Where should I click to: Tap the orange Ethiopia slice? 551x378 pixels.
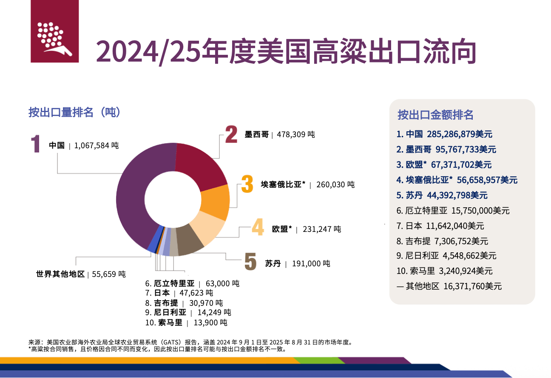point(215,201)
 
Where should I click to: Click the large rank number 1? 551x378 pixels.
point(36,144)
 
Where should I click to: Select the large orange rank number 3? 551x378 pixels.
point(247,184)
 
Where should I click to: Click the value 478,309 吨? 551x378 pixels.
point(296,135)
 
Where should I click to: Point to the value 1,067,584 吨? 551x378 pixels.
point(97,146)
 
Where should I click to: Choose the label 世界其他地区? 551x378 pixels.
point(61,274)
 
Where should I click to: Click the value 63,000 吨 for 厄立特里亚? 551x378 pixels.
point(222,283)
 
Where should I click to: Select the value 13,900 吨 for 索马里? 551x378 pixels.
point(210,323)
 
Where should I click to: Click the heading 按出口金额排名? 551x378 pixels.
point(435,115)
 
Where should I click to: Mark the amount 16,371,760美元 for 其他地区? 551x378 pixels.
point(472,286)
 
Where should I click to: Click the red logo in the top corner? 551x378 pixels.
point(55,31)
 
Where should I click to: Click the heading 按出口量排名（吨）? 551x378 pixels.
point(75,113)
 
